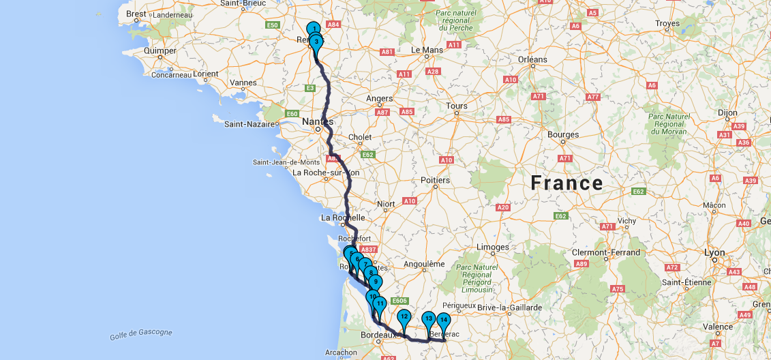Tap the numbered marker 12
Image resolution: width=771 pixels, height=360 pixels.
tap(404, 317)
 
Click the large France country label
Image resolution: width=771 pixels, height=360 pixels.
tap(567, 183)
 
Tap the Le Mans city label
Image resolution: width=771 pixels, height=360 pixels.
tap(427, 50)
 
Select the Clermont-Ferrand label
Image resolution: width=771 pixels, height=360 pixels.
tap(607, 252)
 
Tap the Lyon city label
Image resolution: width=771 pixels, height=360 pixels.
tap(715, 252)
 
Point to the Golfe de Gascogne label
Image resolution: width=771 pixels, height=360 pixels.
tap(141, 333)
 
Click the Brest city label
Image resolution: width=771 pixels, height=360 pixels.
tap(136, 14)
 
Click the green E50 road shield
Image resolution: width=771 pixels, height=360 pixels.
tap(273, 25)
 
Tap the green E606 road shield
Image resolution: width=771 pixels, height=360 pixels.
tap(399, 300)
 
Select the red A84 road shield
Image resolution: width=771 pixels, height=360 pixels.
tap(333, 25)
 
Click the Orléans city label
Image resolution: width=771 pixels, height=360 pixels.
tap(532, 59)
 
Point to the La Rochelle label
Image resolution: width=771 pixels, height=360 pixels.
tap(344, 217)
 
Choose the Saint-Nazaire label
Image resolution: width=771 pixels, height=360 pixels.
tap(249, 124)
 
